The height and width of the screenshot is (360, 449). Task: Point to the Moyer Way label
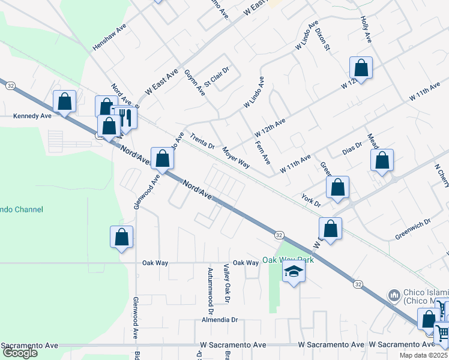click(235, 157)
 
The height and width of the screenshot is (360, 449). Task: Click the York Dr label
click(312, 200)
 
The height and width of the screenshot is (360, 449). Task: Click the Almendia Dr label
click(223, 320)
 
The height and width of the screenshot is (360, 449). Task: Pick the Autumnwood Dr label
click(210, 290)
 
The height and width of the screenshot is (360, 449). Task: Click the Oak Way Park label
click(288, 260)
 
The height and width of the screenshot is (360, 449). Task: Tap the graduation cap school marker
click(294, 272)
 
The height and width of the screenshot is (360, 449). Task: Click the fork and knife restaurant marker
click(125, 117)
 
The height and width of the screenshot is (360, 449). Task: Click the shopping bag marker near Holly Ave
click(361, 67)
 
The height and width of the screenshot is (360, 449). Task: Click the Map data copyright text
click(423, 355)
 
